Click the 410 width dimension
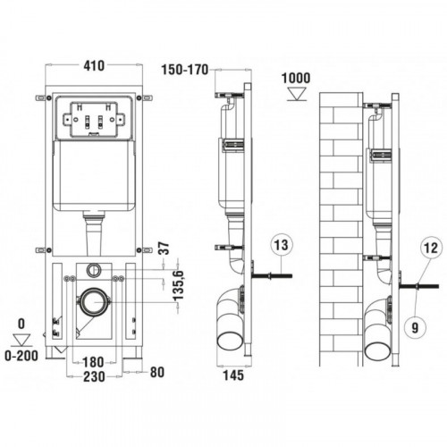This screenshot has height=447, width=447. [x=94, y=66]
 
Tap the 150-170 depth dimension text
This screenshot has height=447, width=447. [x=185, y=70]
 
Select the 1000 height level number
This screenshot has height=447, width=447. [x=296, y=78]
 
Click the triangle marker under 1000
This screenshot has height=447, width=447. [x=297, y=94]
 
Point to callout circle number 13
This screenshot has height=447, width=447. [x=282, y=245]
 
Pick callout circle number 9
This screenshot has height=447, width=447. [x=415, y=328]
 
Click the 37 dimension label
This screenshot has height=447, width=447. [x=164, y=248]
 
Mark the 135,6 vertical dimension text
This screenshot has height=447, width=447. [x=179, y=285]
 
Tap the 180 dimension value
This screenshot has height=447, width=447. [x=93, y=362]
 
